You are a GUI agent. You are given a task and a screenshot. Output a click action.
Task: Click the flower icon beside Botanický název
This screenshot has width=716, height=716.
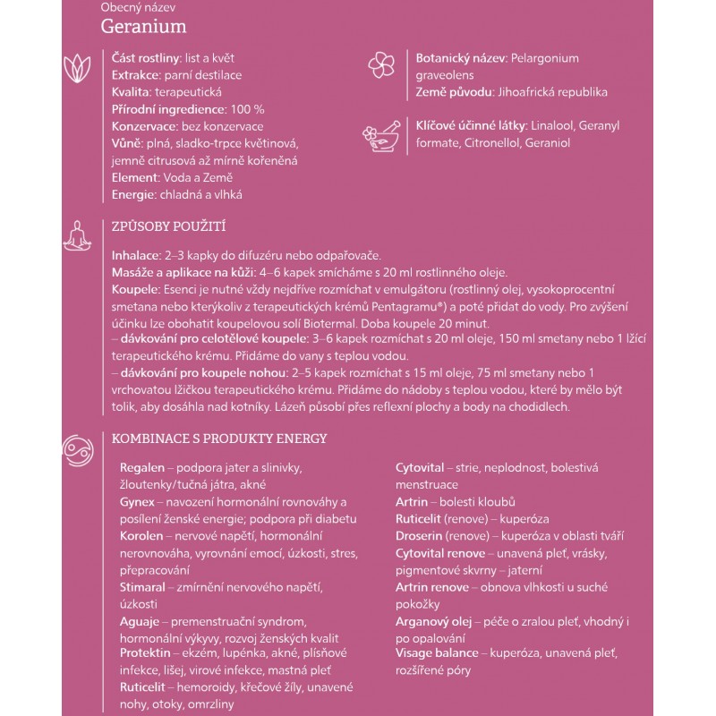[380, 65]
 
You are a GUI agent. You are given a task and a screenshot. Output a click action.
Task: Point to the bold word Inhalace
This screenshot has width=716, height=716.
[132, 256]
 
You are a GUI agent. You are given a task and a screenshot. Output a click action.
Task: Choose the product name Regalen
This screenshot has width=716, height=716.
[141, 467]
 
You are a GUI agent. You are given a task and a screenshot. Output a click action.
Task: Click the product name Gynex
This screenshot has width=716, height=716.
[137, 501]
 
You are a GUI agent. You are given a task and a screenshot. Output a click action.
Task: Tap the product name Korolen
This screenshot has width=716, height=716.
[141, 535]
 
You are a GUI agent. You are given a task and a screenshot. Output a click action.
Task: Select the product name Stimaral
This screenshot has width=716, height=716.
[142, 587]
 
